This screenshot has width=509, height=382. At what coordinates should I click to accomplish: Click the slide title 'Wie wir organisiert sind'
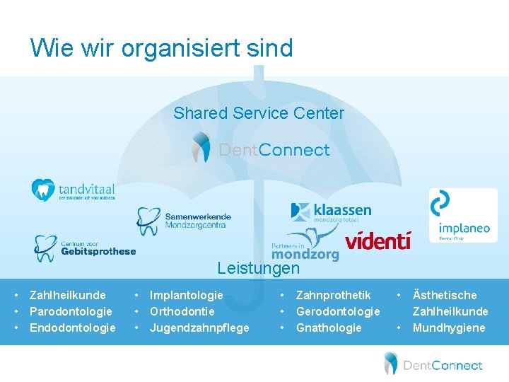click(x=161, y=48)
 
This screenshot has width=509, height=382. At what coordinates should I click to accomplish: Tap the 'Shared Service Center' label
click(x=259, y=113)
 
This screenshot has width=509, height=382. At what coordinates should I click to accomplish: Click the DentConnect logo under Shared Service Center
click(x=261, y=149)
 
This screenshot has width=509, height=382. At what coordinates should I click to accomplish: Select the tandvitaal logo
click(x=73, y=190)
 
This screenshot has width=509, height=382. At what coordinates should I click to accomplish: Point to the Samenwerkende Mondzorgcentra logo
click(x=184, y=220)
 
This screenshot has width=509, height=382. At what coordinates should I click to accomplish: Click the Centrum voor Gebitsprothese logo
click(x=85, y=248)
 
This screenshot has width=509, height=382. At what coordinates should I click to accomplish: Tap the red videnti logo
click(x=378, y=240)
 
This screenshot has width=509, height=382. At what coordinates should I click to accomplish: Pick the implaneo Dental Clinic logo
click(x=463, y=214)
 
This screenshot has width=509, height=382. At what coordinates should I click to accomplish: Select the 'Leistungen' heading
click(x=258, y=269)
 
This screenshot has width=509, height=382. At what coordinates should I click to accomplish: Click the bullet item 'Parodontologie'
click(x=71, y=311)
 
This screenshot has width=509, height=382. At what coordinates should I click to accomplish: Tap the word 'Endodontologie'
click(x=73, y=328)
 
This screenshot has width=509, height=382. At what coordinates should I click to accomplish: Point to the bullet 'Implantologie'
click(x=186, y=295)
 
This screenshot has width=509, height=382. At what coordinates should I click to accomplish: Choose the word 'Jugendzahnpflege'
click(x=199, y=328)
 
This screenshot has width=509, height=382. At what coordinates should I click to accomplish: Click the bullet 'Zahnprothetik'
click(x=333, y=295)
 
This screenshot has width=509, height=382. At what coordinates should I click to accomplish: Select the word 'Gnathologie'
click(x=329, y=328)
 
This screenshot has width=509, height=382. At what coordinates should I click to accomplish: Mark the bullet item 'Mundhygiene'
click(x=449, y=328)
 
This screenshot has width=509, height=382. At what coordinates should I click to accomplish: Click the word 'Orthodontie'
click(x=182, y=311)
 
